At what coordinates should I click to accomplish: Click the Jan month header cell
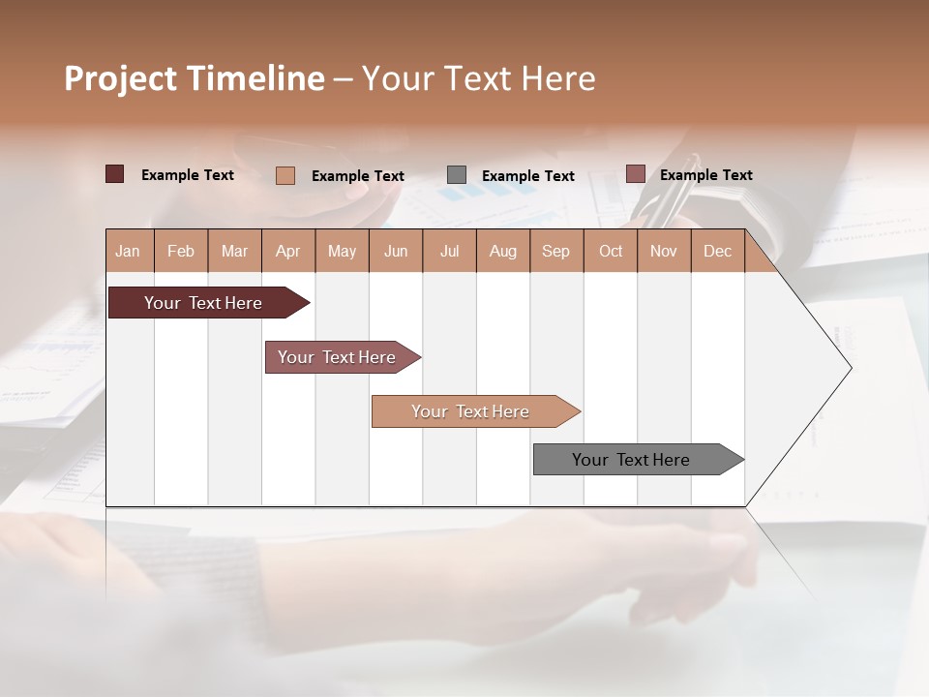coord(129,251)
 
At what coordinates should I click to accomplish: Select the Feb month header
coord(181,251)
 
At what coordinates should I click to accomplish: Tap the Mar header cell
coord(234,251)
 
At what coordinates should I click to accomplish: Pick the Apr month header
coord(288,251)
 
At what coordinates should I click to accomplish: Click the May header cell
coord(342,251)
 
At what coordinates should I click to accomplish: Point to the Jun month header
coord(396,251)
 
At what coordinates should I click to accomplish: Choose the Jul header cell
coord(449,251)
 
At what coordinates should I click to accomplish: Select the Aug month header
coord(503,251)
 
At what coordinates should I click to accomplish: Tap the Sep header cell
coord(556,251)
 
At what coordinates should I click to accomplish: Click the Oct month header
coord(611,251)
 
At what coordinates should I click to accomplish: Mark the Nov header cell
coord(664,251)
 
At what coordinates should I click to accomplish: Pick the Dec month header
coord(718,251)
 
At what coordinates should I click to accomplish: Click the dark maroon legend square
coord(115,174)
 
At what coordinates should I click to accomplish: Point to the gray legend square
coord(457,174)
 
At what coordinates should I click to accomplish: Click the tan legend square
coord(285,175)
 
